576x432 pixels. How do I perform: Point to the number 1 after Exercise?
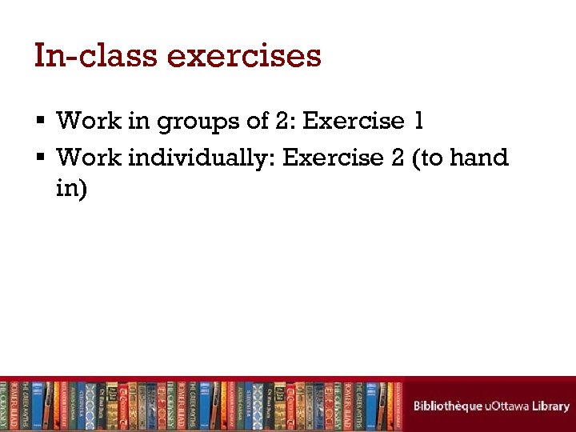[418, 121]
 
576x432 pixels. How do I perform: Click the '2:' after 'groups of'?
[284, 121]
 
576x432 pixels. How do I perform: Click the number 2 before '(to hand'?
[398, 158]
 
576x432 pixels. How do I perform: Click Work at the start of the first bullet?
[87, 121]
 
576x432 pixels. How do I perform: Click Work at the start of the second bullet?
[87, 158]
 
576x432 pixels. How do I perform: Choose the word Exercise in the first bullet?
[354, 121]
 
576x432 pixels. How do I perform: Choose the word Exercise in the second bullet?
[334, 158]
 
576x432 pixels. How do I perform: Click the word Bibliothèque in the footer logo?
[447, 406]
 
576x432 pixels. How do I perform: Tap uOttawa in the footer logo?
[509, 406]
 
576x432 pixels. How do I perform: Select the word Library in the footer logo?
[551, 406]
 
